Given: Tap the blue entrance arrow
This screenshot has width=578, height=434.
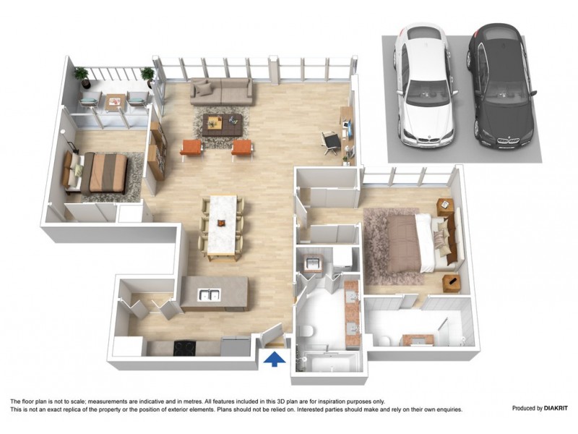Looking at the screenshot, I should (275, 359).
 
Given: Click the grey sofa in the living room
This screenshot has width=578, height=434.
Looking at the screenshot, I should (223, 92).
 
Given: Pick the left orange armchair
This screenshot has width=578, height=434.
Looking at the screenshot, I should (191, 148).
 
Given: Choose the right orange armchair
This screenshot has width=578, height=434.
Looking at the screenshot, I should (243, 148).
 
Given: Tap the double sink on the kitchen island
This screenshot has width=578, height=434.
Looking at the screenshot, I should (209, 294).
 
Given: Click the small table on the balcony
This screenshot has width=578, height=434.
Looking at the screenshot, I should (114, 103).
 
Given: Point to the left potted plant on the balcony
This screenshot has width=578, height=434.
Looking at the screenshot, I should (82, 75).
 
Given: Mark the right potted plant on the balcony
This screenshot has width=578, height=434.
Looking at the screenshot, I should (147, 75).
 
